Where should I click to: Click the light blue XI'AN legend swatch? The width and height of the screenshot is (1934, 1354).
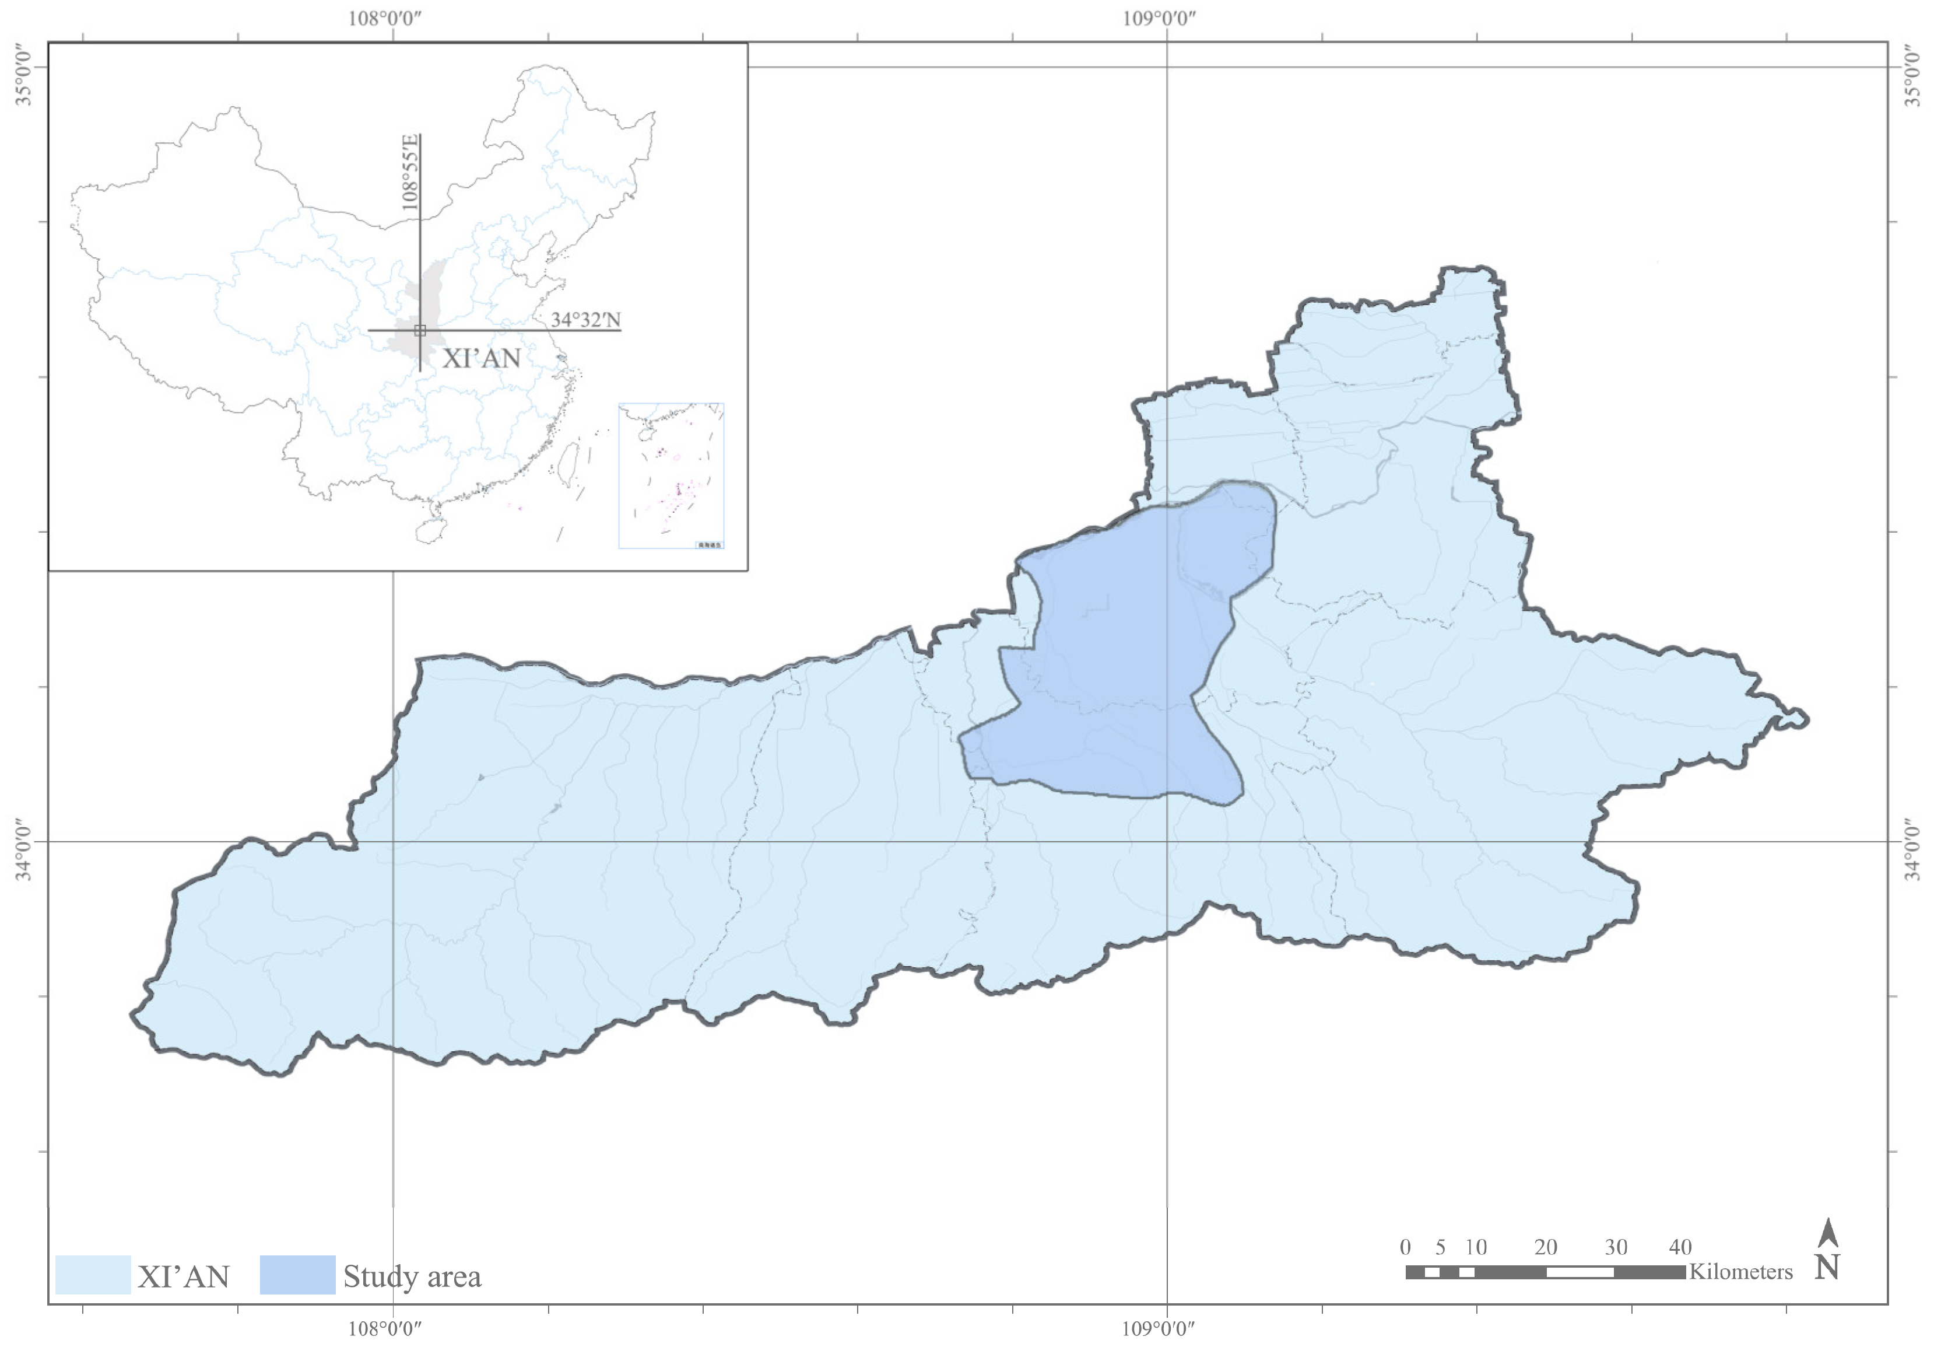(x=93, y=1275)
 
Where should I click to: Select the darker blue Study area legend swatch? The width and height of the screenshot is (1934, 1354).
(x=297, y=1275)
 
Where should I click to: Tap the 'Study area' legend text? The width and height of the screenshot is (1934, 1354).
(x=412, y=1276)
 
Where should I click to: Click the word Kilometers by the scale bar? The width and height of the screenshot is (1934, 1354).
(x=1740, y=1271)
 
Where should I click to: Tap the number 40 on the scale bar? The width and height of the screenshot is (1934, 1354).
(x=1680, y=1247)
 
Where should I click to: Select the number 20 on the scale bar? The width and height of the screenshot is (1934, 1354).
(x=1545, y=1247)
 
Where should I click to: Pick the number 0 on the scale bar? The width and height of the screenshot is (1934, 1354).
(x=1405, y=1247)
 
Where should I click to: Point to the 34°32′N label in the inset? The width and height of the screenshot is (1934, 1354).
(x=585, y=319)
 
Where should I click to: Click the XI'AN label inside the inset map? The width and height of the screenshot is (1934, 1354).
(x=481, y=358)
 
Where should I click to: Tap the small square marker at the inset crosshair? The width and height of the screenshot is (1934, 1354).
(x=419, y=330)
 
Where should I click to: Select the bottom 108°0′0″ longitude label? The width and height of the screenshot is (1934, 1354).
(x=385, y=1329)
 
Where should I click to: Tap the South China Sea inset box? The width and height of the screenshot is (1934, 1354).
(x=671, y=476)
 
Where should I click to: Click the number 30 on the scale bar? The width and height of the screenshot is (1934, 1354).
(x=1614, y=1247)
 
